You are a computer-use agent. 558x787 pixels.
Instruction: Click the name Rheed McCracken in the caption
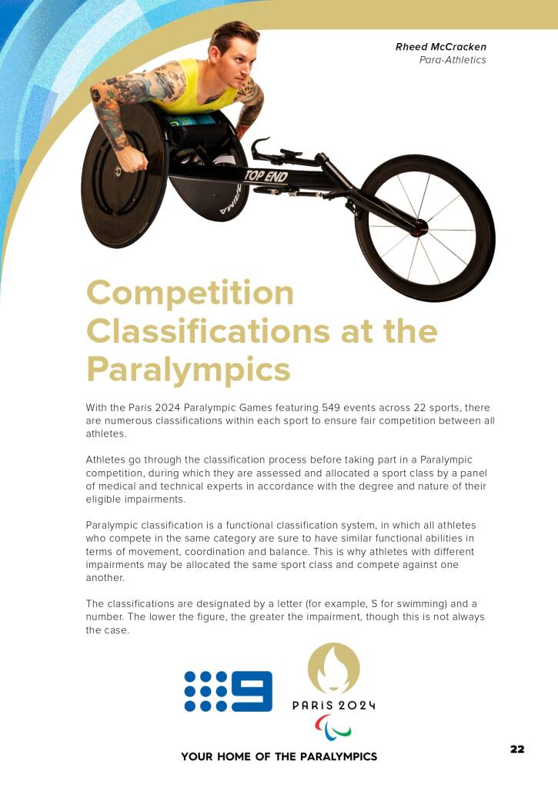click(x=440, y=47)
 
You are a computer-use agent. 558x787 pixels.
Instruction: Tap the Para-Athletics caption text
click(x=453, y=60)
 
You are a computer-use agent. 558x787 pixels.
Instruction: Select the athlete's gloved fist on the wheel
click(x=133, y=161)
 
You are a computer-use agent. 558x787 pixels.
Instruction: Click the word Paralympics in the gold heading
click(x=188, y=369)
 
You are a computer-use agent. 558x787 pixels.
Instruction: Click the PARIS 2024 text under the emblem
click(x=333, y=706)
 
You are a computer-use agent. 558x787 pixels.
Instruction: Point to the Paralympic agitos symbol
click(x=333, y=727)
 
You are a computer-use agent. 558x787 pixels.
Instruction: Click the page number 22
click(x=517, y=749)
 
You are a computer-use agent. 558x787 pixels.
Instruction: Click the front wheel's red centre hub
click(x=421, y=227)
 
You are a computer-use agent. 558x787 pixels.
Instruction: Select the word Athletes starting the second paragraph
click(x=108, y=460)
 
